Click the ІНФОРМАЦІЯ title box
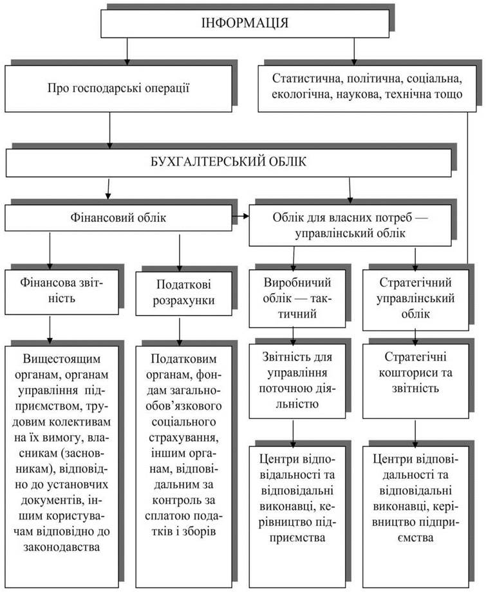point(245,23)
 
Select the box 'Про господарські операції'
point(118,89)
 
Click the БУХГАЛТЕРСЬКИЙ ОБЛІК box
point(229,163)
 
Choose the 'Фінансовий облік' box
point(118,218)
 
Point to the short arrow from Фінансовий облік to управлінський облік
point(241,217)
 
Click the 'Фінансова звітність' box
point(62,291)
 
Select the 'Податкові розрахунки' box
point(184,293)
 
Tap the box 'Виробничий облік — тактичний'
point(297,298)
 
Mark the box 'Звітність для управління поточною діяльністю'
point(297,381)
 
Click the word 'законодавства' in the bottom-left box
point(62,547)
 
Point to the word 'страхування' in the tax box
point(183,438)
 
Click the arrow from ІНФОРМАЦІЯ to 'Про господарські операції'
point(127,51)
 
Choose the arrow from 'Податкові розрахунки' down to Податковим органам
point(179,331)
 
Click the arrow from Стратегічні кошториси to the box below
point(415,433)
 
